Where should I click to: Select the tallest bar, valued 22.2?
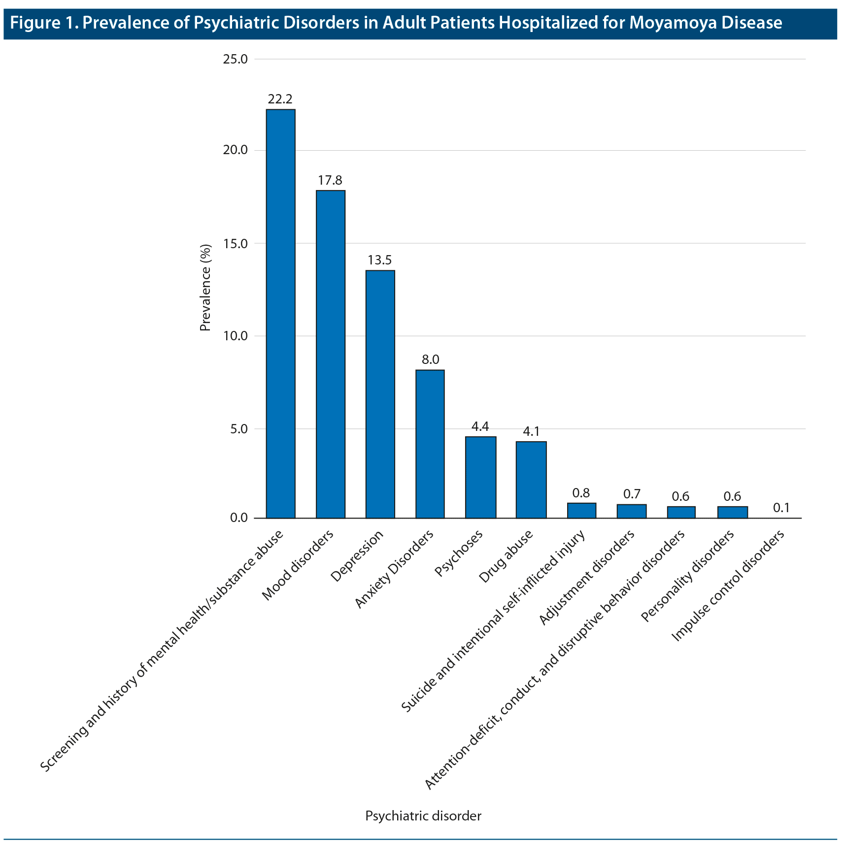(x=280, y=313)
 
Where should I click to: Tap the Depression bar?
(x=380, y=394)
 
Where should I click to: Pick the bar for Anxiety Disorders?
(x=430, y=444)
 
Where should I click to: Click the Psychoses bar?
(x=480, y=477)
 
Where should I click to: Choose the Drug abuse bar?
(x=531, y=479)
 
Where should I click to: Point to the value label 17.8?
(x=330, y=181)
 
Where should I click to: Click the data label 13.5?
(x=380, y=261)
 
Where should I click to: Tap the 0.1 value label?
(x=781, y=508)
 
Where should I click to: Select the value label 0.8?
(x=581, y=493)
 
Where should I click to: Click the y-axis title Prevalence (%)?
(x=205, y=288)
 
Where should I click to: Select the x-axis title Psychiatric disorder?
(x=423, y=816)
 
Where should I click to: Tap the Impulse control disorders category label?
(x=728, y=586)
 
